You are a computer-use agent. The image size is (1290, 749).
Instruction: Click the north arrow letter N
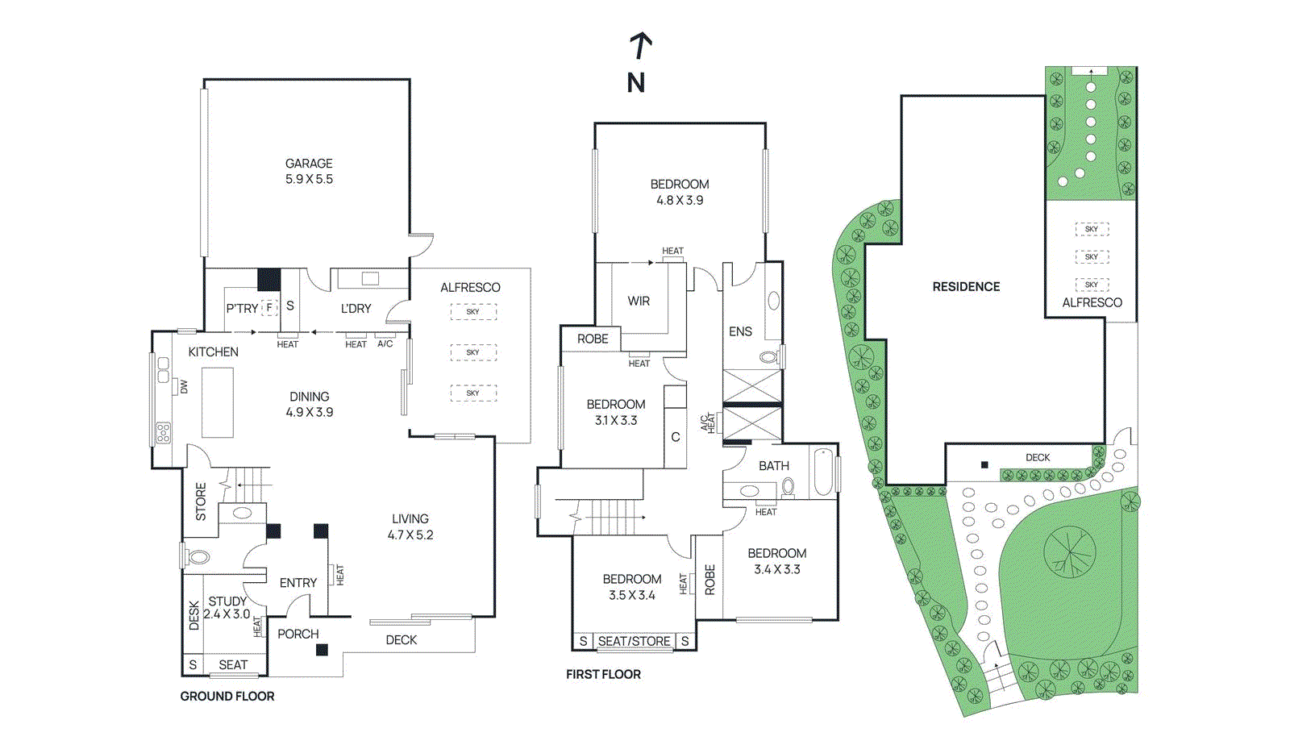coord(636,82)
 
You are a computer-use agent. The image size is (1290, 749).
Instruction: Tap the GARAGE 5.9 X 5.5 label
coord(309,171)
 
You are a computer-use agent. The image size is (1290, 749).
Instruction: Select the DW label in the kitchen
coord(184,387)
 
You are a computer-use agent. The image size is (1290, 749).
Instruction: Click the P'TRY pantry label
coord(242,308)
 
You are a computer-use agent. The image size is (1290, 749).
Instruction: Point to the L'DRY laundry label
coord(356,308)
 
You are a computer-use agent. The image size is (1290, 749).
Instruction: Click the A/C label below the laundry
coord(385,343)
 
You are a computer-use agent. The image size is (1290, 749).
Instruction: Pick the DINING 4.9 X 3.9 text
coord(310,404)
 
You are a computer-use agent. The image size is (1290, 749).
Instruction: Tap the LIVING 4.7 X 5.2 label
coord(410,526)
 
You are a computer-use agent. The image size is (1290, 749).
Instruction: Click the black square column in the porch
coord(322,650)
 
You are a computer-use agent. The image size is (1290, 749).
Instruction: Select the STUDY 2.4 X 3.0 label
coord(227,607)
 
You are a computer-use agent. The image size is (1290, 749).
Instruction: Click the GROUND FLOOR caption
coord(227,696)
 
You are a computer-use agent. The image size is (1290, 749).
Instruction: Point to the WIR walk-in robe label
coord(639,301)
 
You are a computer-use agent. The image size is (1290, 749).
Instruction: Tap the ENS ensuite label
coord(740,331)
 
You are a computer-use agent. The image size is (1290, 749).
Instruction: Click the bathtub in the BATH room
coord(822,472)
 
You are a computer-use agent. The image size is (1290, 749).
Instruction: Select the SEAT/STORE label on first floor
coord(635,641)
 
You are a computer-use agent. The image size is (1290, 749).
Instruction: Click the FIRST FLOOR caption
coord(603,674)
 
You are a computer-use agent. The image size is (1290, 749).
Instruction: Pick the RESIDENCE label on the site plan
coord(966,286)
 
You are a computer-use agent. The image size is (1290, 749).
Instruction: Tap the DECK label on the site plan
coord(1038,457)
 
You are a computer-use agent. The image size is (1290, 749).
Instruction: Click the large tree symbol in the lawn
coord(1070,552)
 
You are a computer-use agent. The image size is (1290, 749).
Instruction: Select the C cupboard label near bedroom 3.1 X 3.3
coord(676,437)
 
